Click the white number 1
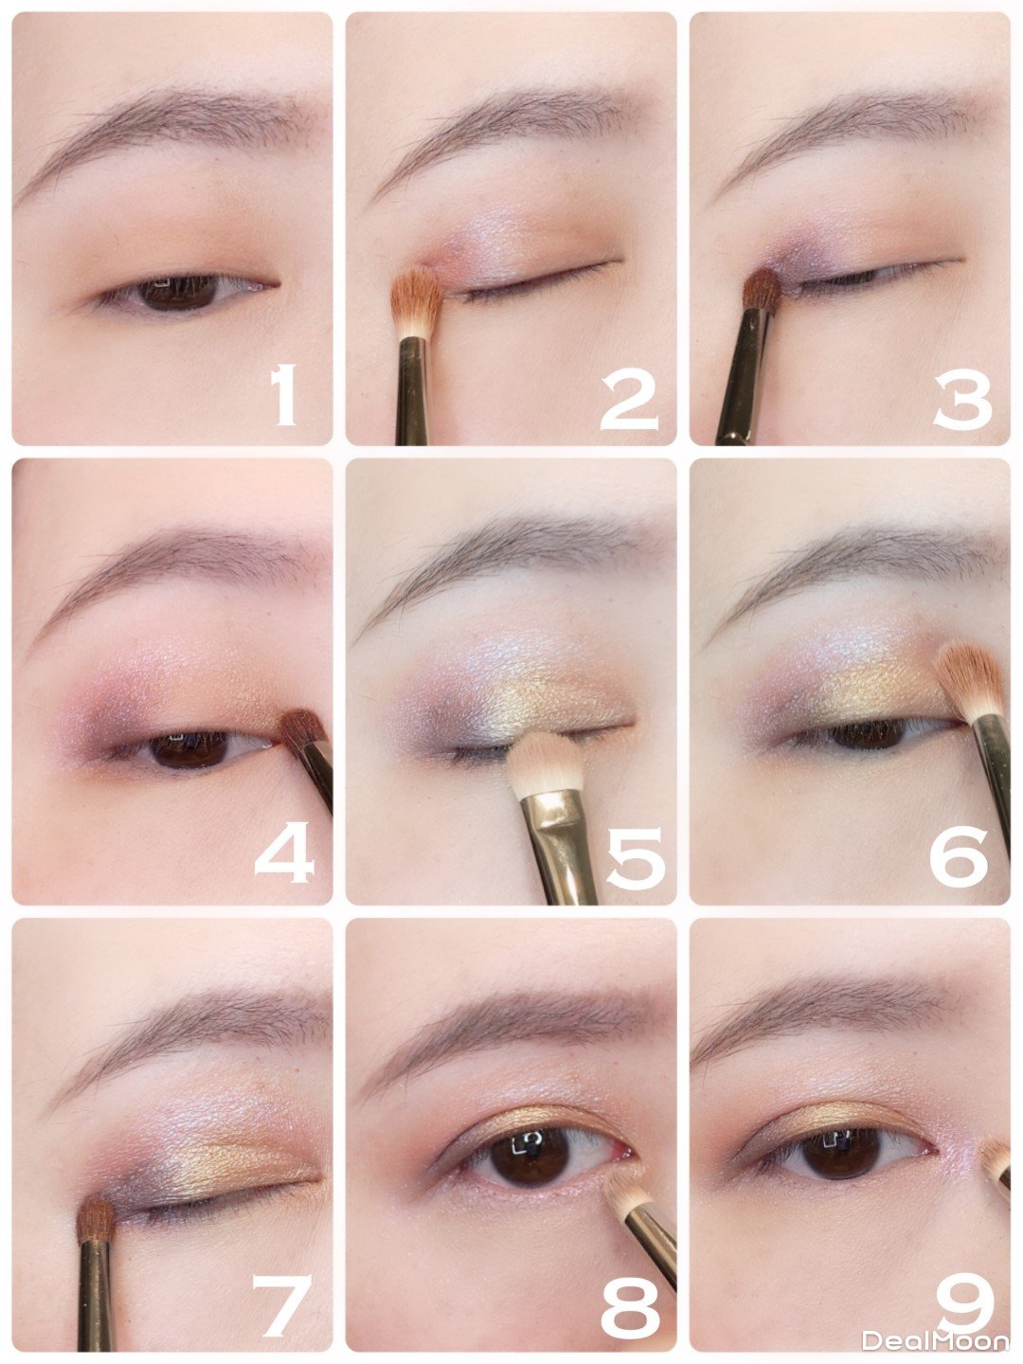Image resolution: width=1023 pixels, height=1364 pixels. [x=284, y=396]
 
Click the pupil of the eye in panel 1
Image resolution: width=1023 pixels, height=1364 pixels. [x=178, y=293]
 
